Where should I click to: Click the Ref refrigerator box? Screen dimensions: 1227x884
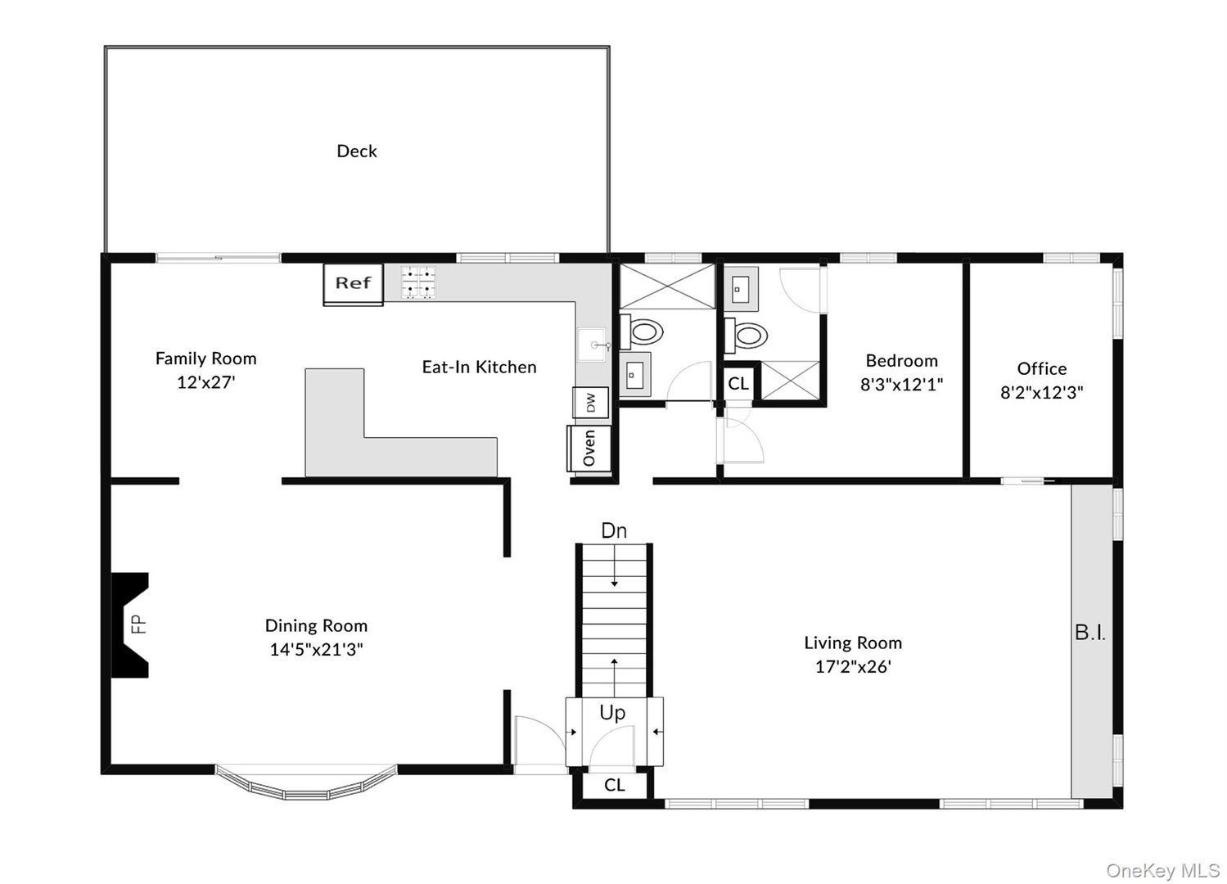(x=353, y=284)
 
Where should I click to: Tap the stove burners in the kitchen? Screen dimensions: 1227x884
(x=418, y=282)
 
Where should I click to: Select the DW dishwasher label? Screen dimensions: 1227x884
(x=590, y=404)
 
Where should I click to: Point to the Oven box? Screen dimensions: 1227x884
(x=589, y=448)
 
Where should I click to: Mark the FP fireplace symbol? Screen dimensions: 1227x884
(x=130, y=625)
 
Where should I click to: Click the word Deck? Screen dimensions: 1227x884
(x=357, y=151)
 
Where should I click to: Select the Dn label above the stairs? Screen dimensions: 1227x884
(x=614, y=530)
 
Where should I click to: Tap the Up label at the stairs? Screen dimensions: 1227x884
(x=612, y=713)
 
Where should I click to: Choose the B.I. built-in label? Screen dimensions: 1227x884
(x=1090, y=633)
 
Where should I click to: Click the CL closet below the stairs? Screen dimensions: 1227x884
(x=614, y=785)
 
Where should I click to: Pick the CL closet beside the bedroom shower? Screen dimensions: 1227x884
(x=738, y=383)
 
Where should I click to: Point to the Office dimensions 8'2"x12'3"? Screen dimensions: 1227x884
(x=1041, y=393)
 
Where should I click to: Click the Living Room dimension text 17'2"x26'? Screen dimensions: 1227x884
(x=853, y=666)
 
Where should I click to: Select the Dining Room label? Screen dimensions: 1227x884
(x=316, y=625)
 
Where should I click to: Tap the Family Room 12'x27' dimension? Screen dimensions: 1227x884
(x=206, y=381)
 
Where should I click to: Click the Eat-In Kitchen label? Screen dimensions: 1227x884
(x=480, y=367)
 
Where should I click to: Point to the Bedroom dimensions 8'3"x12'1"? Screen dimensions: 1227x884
(x=901, y=385)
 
